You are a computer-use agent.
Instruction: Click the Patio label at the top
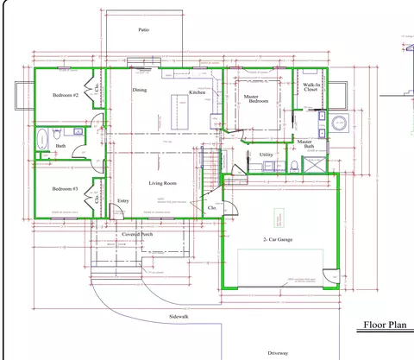(144, 29)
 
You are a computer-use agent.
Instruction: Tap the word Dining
(141, 89)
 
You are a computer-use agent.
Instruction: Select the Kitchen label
(197, 92)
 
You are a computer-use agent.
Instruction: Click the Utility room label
(267, 155)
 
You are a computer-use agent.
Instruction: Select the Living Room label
(163, 183)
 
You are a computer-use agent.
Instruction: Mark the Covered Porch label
(138, 234)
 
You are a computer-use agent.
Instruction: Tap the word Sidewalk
(179, 316)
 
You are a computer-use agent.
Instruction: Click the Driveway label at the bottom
(278, 352)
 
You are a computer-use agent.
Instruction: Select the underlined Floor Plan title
(384, 325)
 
